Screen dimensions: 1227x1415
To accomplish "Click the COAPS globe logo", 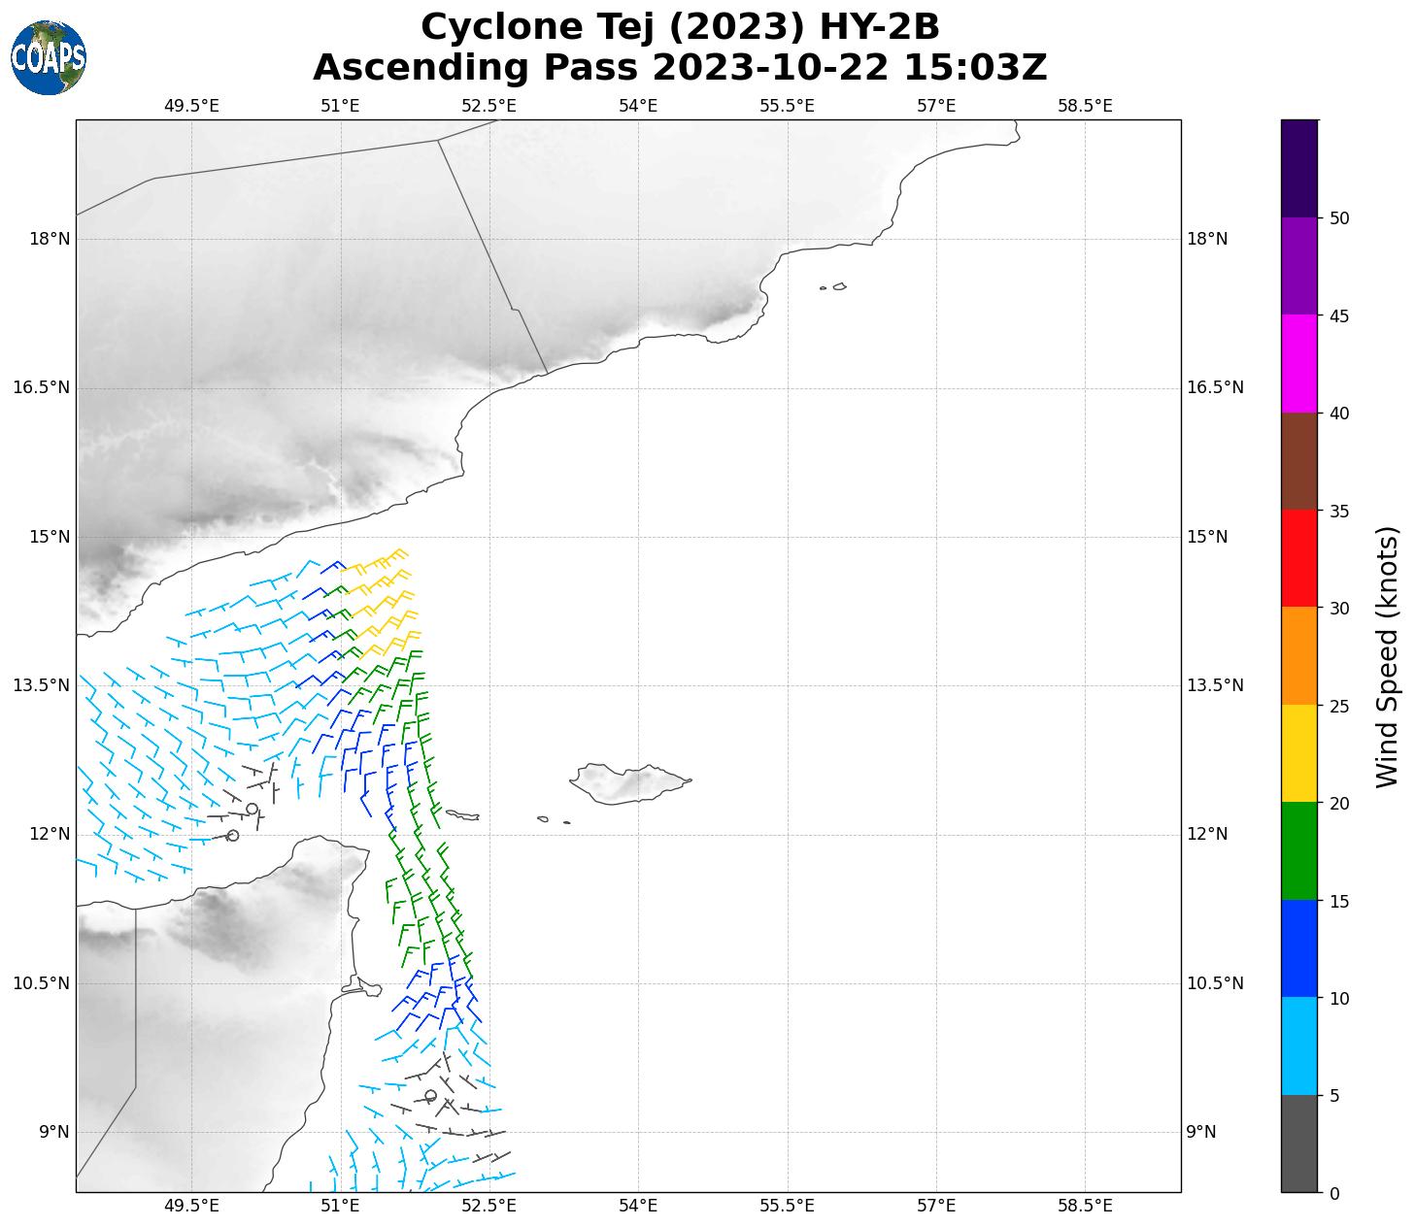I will [49, 57].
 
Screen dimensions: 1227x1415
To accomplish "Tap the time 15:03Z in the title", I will [975, 68].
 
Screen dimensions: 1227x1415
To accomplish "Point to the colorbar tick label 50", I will [1339, 218].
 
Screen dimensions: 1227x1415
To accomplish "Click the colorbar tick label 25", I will [1339, 706].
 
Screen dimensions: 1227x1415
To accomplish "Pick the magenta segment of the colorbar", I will [1298, 364].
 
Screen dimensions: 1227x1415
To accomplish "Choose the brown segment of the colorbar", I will [1298, 461].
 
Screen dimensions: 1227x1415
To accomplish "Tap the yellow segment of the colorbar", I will [1298, 753].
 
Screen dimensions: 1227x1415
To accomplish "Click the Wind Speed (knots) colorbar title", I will [1388, 656].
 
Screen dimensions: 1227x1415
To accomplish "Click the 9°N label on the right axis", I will [1201, 1132].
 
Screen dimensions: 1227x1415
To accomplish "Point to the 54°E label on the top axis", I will [638, 106].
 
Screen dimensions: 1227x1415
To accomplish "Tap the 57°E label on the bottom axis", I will [936, 1206].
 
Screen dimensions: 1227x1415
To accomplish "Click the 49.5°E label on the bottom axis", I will [191, 1206].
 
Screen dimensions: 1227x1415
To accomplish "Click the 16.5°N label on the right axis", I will [1215, 388].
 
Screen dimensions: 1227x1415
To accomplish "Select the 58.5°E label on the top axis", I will [1085, 106].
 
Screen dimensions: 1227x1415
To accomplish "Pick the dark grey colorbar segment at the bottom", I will [1298, 1143].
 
